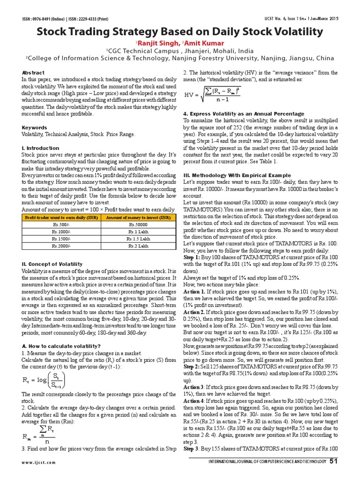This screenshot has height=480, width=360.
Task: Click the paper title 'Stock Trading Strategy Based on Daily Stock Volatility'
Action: [180, 32]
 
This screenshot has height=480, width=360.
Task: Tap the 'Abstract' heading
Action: [33, 73]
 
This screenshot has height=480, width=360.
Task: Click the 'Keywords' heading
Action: [34, 127]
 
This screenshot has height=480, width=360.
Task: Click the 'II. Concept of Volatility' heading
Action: [52, 264]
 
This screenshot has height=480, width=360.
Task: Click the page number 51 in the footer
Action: [333, 461]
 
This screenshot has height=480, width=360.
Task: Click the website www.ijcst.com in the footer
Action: [38, 462]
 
